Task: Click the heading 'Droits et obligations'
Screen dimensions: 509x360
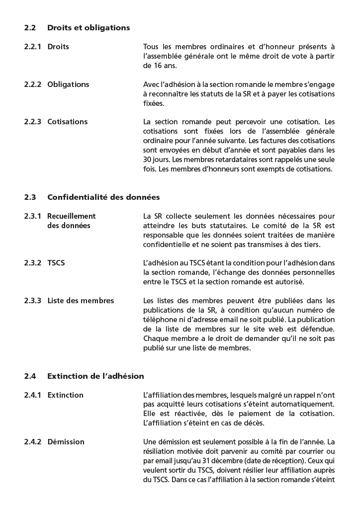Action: [x=89, y=28]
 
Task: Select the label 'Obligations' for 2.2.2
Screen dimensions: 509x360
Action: [x=68, y=85]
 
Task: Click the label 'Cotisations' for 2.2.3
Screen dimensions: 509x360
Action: [x=67, y=122]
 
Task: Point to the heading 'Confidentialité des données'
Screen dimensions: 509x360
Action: [x=103, y=197]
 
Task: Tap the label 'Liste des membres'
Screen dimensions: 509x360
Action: [x=81, y=301]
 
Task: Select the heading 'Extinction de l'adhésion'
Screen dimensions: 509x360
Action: [x=95, y=376]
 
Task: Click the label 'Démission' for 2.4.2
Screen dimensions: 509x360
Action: [x=66, y=442]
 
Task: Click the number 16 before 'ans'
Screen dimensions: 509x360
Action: [x=148, y=66]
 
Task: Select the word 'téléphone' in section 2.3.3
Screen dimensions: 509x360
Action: [x=160, y=320]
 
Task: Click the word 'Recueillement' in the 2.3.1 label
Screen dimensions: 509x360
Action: [x=71, y=216]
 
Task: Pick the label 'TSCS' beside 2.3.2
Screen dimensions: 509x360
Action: [x=56, y=263]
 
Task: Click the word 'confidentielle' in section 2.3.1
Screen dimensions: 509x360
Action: [x=167, y=245]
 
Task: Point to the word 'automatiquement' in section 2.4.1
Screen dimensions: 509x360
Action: [x=305, y=405]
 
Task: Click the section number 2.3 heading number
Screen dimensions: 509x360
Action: [x=30, y=197]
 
